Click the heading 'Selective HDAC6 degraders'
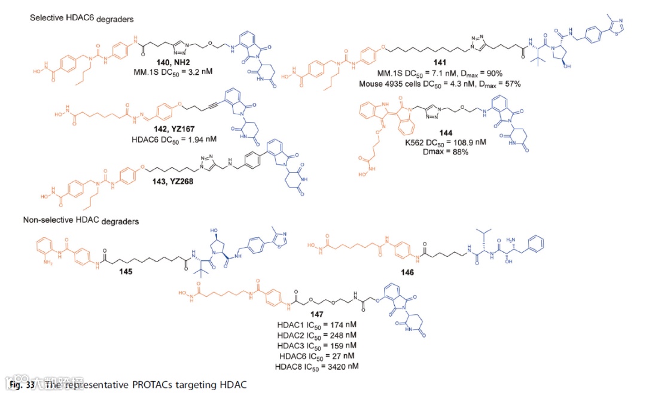[82, 19]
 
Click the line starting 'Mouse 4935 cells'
[440, 84]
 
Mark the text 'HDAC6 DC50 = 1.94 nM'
[173, 139]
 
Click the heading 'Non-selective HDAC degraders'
[81, 221]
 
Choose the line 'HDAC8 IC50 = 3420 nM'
[316, 366]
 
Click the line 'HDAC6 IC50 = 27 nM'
[316, 355]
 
